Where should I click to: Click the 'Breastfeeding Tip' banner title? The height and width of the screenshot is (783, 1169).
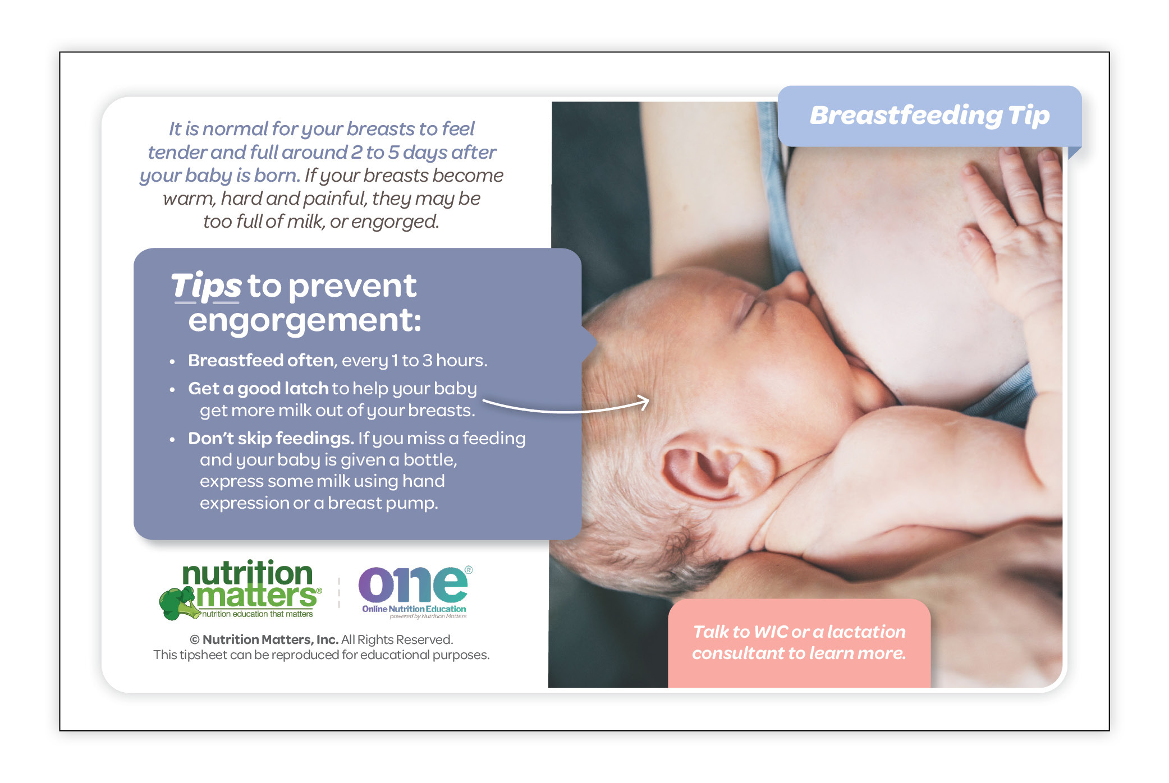pyautogui.click(x=929, y=115)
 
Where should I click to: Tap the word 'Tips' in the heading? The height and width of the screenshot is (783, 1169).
pyautogui.click(x=206, y=286)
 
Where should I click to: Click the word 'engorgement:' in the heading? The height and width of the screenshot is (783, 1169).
pyautogui.click(x=305, y=321)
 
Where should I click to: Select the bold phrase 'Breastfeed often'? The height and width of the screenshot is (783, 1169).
pyautogui.click(x=261, y=360)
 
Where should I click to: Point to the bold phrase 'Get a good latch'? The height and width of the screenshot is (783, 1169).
pyautogui.click(x=258, y=388)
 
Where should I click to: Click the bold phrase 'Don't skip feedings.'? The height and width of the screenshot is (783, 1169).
pyautogui.click(x=271, y=438)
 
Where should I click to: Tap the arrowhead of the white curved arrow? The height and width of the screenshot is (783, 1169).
pyautogui.click(x=643, y=402)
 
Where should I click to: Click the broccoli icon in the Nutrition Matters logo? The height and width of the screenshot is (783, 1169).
pyautogui.click(x=178, y=603)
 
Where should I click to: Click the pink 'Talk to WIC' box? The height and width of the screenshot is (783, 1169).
pyautogui.click(x=799, y=643)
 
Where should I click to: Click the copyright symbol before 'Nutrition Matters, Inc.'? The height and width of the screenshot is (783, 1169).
pyautogui.click(x=195, y=640)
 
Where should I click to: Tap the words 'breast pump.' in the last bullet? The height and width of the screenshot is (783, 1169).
pyautogui.click(x=383, y=503)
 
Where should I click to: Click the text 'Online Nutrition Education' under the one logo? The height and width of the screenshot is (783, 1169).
pyautogui.click(x=414, y=609)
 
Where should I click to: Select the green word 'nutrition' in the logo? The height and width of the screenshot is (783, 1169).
pyautogui.click(x=247, y=573)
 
